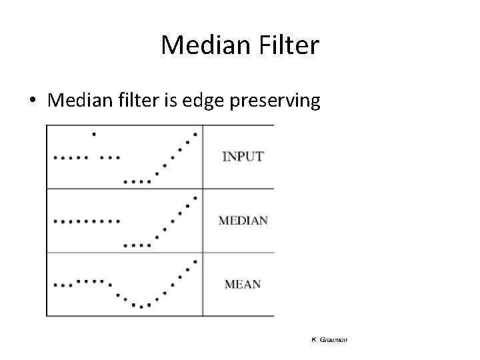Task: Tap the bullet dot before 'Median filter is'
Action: pos(32,101)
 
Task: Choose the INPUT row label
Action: pos(243,157)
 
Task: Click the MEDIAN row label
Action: pos(243,221)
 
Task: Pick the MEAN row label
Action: pos(243,284)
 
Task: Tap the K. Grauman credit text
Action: pos(329,340)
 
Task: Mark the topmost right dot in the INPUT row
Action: pos(195,134)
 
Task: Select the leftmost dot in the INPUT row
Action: pos(55,158)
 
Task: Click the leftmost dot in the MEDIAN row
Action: pos(55,221)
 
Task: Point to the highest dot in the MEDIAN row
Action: pos(195,197)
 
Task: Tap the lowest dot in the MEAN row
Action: pos(141,307)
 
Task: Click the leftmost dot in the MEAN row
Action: pos(55,285)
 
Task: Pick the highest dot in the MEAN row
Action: pos(195,261)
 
